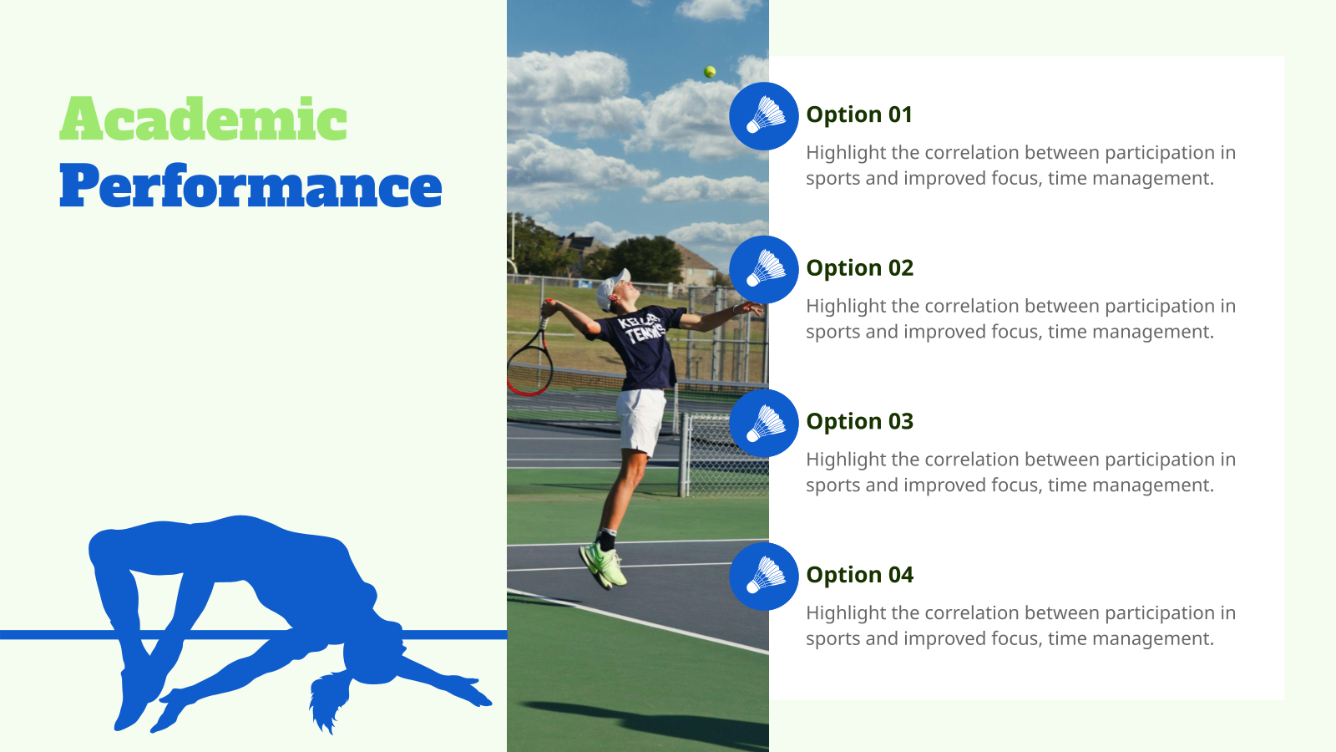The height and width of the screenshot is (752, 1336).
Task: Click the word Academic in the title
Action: pyautogui.click(x=203, y=119)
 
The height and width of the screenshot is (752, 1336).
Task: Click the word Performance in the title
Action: pyautogui.click(x=250, y=187)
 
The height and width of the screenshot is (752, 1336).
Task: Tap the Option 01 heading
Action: pyautogui.click(x=859, y=114)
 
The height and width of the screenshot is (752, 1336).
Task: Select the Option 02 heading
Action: pyautogui.click(x=860, y=268)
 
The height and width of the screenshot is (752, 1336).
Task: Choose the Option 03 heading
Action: pyautogui.click(x=860, y=422)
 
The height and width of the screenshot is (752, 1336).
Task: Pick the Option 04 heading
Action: pyautogui.click(x=860, y=575)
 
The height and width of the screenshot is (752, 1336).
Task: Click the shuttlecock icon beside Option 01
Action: pyautogui.click(x=764, y=116)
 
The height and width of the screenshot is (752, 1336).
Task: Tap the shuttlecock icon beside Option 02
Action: pyautogui.click(x=764, y=270)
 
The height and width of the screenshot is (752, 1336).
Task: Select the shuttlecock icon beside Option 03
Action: pyautogui.click(x=764, y=424)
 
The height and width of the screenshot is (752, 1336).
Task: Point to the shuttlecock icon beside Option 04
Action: pyautogui.click(x=764, y=577)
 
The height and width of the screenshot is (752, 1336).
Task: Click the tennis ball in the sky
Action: pyautogui.click(x=710, y=72)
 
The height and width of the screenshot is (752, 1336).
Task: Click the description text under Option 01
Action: pyautogui.click(x=1020, y=165)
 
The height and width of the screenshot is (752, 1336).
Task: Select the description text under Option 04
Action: pyautogui.click(x=1020, y=626)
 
